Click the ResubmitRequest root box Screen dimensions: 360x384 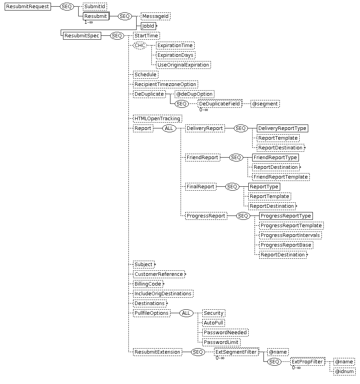28,7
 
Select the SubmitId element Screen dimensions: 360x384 95,7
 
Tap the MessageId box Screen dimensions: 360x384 156,16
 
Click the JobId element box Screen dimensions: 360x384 148,26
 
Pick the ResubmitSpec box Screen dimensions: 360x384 82,36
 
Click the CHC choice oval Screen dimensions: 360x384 140,46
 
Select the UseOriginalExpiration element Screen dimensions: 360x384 183,65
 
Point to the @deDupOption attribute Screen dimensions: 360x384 195,94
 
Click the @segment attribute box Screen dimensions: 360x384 265,104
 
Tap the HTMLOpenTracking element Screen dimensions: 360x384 158,119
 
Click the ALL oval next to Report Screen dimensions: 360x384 169,128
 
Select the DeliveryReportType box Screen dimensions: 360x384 283,128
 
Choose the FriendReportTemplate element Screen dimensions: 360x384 281,177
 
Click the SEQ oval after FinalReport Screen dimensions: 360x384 232,187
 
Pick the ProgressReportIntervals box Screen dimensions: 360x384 290,235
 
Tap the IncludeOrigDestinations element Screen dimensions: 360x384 163,294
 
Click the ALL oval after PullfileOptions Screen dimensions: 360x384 186,313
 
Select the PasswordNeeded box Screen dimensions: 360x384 225,333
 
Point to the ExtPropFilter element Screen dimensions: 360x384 307,362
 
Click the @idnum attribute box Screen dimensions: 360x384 344,372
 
